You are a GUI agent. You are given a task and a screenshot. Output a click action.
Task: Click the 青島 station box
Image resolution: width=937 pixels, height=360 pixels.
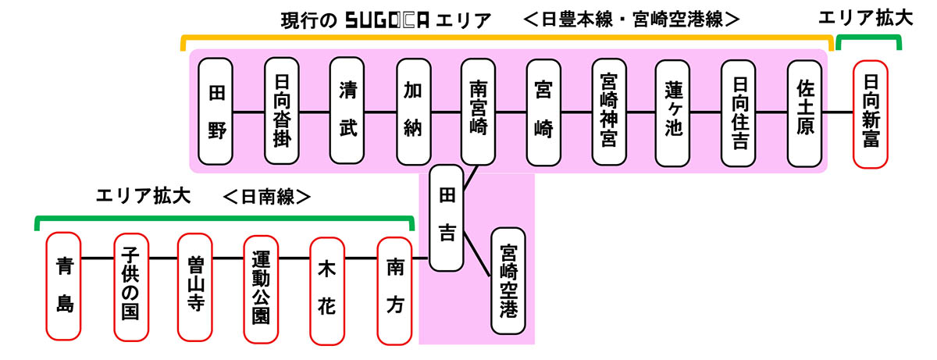pos(64,285)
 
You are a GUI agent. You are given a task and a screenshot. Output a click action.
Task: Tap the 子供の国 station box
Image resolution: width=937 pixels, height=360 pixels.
pos(130,285)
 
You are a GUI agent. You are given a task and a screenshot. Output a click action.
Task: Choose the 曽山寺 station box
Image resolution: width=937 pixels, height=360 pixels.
pos(195,285)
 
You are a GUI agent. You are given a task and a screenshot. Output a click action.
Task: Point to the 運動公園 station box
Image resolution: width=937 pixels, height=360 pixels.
pos(261,285)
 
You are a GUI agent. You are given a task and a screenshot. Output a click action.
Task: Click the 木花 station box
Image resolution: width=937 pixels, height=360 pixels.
pos(327,285)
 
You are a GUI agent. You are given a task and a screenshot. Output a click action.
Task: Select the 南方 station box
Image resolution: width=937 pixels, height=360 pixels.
pos(394,285)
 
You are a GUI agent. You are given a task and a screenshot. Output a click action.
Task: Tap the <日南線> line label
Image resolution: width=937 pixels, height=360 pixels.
pos(267,196)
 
